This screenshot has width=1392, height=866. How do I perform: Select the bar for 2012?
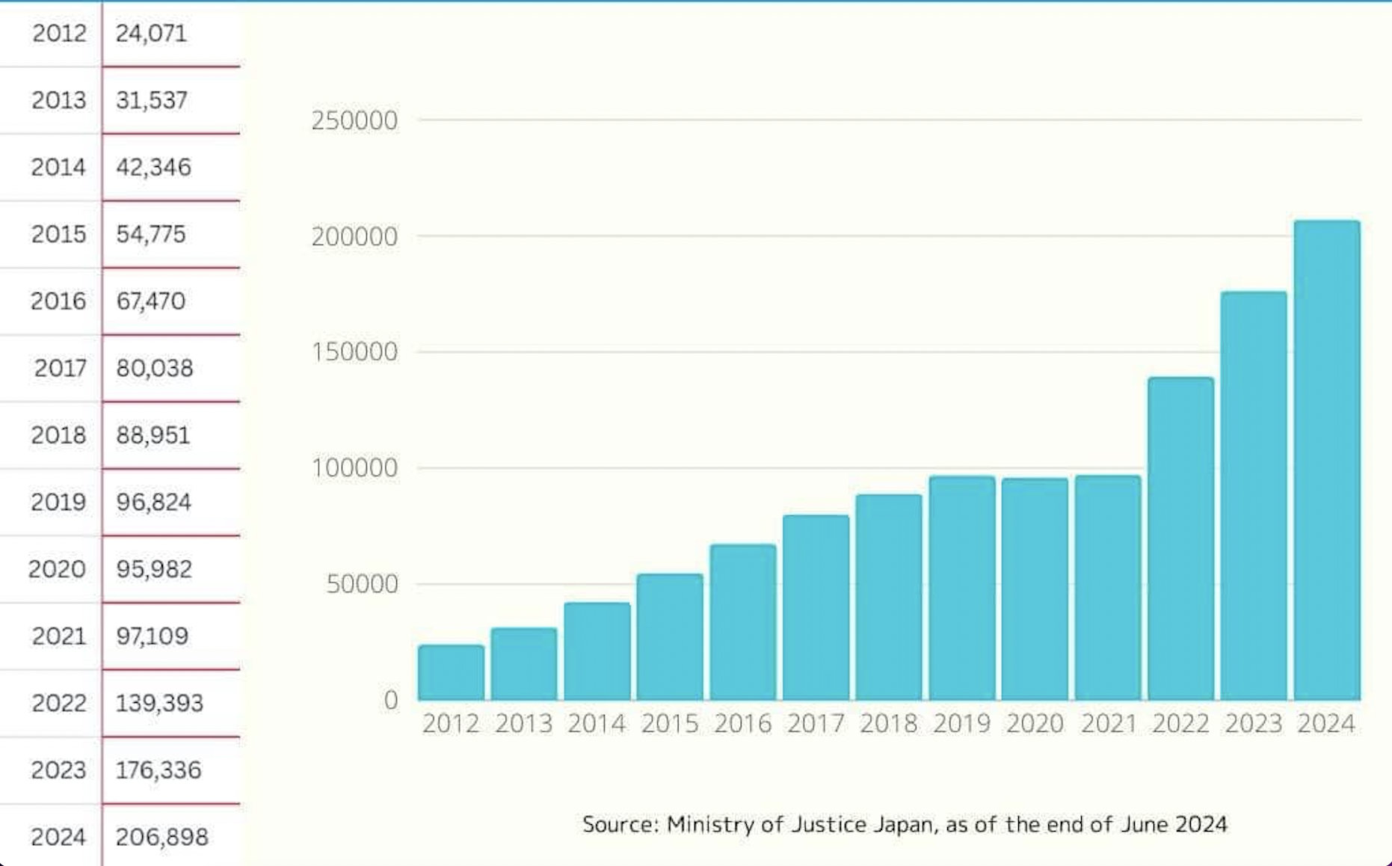pyautogui.click(x=451, y=672)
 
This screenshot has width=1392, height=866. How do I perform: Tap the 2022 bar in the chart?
pyautogui.click(x=1180, y=538)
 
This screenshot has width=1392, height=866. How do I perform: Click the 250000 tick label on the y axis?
pyautogui.click(x=354, y=120)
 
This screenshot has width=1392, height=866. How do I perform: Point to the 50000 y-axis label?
pyautogui.click(x=363, y=584)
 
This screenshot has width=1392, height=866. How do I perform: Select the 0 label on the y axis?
pyautogui.click(x=390, y=700)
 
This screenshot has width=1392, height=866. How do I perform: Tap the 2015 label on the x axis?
pyautogui.click(x=669, y=723)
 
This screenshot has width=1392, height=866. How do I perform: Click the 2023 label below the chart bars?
pyautogui.click(x=1253, y=723)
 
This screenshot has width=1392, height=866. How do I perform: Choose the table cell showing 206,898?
pyautogui.click(x=161, y=836)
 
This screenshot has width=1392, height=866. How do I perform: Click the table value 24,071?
pyautogui.click(x=151, y=33)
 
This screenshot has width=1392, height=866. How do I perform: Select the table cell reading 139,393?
pyautogui.click(x=159, y=703)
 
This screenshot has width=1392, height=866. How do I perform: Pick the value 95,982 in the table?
pyautogui.click(x=154, y=569)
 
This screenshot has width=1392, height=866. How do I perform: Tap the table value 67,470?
pyautogui.click(x=150, y=301)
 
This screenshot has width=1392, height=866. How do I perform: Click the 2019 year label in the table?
pyautogui.click(x=58, y=502)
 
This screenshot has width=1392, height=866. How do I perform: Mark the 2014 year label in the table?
pyautogui.click(x=58, y=167)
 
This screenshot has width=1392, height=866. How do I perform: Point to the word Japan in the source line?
pyautogui.click(x=902, y=824)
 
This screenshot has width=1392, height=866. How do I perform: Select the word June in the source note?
pyautogui.click(x=1145, y=824)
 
